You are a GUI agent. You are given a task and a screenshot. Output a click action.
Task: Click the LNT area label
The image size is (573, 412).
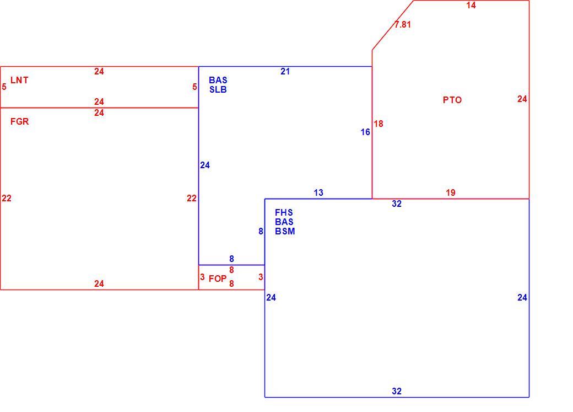tap(19, 80)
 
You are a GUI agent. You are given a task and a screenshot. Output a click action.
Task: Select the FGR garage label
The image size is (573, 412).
tap(19, 121)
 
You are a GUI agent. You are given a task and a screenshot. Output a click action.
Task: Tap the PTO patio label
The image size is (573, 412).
tap(452, 100)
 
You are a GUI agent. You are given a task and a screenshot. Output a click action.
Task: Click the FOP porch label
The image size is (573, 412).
tap(218, 279)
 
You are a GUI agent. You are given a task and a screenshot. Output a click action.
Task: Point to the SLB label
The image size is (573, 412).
tap(218, 90)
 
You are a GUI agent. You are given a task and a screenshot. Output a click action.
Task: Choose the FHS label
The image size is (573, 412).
tap(284, 212)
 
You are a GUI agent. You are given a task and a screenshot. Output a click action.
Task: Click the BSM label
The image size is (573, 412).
tap(285, 231)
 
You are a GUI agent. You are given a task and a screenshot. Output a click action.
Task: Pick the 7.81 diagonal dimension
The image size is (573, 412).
tap(403, 24)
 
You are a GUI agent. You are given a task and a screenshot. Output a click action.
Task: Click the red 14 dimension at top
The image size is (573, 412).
tap(471, 5)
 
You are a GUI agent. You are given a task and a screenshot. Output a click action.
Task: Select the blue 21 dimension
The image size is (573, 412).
tap(285, 72)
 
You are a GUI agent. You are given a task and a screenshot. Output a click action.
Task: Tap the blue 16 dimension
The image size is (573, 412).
tap(365, 132)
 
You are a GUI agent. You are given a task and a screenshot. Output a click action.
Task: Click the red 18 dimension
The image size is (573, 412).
tap(379, 124)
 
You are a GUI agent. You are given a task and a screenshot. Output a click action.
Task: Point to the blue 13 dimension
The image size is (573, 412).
tap(318, 193)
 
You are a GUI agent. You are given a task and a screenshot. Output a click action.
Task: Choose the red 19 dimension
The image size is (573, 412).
tap(451, 193)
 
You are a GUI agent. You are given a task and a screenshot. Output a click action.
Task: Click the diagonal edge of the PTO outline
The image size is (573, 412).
tap(393, 25)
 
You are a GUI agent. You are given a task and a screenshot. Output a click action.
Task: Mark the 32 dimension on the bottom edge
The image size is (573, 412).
tap(397, 391)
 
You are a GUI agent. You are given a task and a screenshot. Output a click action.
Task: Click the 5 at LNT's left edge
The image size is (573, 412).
tap(4, 87)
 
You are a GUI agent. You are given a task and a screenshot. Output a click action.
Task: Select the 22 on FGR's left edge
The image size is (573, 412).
tap(7, 199)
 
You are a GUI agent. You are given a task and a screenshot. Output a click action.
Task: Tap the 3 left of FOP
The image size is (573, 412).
tap(202, 277)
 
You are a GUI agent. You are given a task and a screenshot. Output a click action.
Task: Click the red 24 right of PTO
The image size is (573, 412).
tap(522, 99)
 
